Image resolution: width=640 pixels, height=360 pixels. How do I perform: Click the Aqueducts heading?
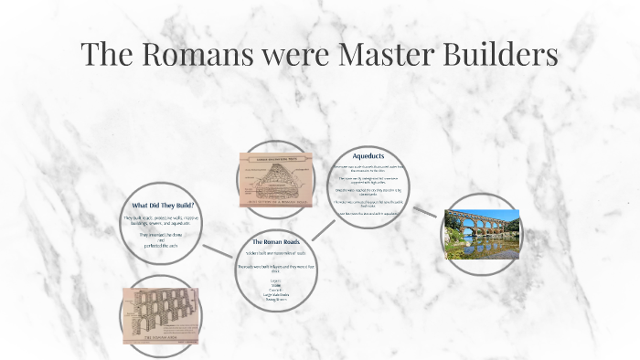pyautogui.click(x=368, y=156)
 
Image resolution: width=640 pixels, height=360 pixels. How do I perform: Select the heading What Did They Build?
pyautogui.click(x=164, y=205)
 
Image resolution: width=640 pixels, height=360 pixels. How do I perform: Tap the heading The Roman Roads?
pyautogui.click(x=276, y=241)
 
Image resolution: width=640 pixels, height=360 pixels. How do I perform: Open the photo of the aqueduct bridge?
pyautogui.click(x=481, y=234)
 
